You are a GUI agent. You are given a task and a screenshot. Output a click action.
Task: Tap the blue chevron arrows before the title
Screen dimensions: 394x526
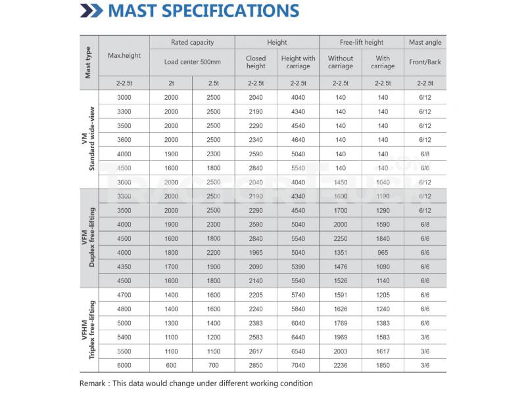(91, 11)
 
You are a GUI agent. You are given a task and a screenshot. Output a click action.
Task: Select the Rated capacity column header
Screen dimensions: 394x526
(192, 42)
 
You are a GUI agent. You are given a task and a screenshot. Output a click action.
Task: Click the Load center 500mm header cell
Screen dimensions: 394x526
(192, 62)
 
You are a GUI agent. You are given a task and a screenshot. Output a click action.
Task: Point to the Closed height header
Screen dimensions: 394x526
(256, 62)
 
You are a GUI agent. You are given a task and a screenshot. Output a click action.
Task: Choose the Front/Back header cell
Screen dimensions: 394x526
(425, 62)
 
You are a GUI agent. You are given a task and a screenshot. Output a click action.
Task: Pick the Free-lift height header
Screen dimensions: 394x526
(361, 42)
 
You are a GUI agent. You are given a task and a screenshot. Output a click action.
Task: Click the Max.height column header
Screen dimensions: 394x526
(124, 56)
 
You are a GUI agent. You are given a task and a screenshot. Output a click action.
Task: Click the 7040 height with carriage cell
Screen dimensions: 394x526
(298, 365)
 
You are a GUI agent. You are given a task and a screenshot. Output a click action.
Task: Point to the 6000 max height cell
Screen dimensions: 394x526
(124, 365)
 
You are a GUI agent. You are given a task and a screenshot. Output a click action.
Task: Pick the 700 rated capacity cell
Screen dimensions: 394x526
(214, 365)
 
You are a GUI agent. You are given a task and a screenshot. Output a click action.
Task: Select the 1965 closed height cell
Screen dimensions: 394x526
(256, 252)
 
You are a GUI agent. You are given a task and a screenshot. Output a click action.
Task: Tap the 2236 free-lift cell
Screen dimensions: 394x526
(340, 365)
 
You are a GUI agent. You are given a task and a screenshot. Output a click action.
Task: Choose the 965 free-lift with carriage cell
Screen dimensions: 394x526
(382, 252)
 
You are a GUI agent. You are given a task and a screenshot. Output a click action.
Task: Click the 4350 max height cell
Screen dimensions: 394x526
(124, 267)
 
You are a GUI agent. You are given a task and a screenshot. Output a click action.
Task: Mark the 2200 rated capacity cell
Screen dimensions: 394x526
(214, 252)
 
